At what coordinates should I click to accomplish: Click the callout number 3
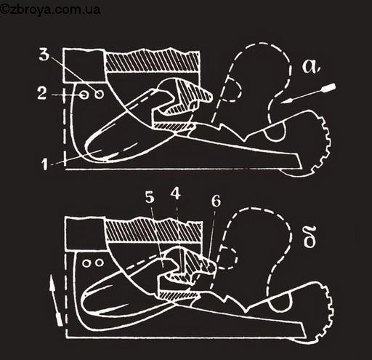point(44,55)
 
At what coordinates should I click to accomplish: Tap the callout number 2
point(41,93)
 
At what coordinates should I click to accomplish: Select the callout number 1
point(44,164)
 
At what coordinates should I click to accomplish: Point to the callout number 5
point(150,197)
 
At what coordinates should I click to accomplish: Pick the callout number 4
point(176,193)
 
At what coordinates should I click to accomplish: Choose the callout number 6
point(216,201)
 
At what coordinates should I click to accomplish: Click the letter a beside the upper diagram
point(311,66)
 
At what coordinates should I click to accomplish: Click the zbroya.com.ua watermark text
point(50,10)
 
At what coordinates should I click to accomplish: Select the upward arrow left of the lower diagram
point(55,300)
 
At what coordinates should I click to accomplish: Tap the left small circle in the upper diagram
point(84,95)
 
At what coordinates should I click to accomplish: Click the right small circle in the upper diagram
point(99,94)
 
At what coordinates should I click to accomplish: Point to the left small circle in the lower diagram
point(86,263)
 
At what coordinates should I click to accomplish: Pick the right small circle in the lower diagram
point(100,263)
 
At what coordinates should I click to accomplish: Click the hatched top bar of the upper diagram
point(153,60)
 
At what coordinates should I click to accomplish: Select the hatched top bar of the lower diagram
point(153,230)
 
